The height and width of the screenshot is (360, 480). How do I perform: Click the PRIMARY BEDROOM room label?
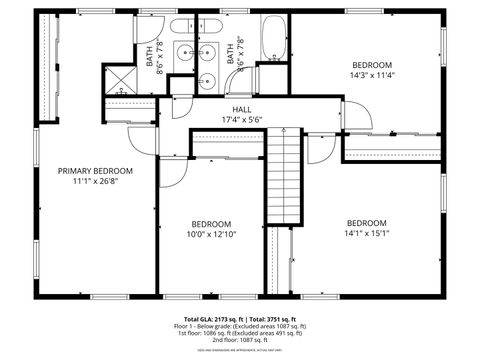[95, 171]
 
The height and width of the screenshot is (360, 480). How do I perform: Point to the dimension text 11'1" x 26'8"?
[95, 182]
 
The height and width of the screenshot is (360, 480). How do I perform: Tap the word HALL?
[241, 109]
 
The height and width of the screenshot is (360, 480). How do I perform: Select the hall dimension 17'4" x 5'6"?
[241, 120]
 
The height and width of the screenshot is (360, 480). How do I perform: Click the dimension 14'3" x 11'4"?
[371, 74]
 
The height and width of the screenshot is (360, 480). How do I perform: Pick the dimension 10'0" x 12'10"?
[211, 234]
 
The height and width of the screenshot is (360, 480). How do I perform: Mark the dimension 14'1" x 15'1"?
[366, 233]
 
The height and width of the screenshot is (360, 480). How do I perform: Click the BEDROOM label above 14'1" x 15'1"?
[366, 222]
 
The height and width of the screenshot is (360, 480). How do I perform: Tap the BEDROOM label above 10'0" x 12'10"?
[211, 223]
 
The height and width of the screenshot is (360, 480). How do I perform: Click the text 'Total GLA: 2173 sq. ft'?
[211, 317]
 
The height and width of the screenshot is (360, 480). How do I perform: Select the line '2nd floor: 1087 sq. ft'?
[240, 340]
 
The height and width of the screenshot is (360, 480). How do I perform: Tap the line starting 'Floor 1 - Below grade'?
[240, 326]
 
